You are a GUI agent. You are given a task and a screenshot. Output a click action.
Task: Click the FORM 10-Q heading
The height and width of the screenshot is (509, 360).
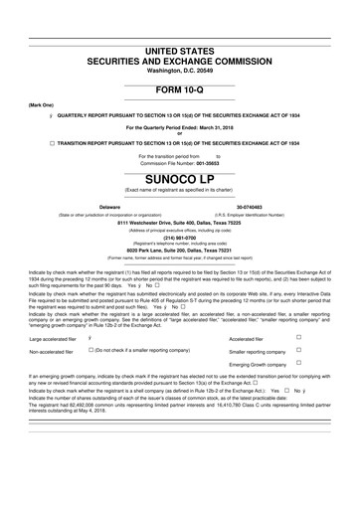pyautogui.click(x=179, y=88)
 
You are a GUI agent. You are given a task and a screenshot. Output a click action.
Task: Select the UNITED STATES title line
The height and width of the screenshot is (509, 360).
pyautogui.click(x=179, y=50)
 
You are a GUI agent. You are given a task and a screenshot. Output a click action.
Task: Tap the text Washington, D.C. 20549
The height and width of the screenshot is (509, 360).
pyautogui.click(x=179, y=71)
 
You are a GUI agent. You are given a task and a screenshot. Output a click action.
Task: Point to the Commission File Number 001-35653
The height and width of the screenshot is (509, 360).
pyautogui.click(x=179, y=163)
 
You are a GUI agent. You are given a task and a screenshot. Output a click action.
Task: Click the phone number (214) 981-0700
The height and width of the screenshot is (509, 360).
pyautogui.click(x=179, y=237)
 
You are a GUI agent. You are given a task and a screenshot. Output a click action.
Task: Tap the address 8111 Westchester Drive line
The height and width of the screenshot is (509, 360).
pyautogui.click(x=179, y=223)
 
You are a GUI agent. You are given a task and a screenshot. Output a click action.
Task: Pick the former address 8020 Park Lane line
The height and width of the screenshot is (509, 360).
pyautogui.click(x=179, y=251)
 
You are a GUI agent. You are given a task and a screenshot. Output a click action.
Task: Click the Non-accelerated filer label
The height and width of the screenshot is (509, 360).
pyautogui.click(x=53, y=352)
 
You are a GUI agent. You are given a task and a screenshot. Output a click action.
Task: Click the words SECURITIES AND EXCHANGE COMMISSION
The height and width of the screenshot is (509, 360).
pyautogui.click(x=179, y=61)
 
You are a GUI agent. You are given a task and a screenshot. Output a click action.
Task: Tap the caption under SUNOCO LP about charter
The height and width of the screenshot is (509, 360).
pyautogui.click(x=179, y=190)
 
